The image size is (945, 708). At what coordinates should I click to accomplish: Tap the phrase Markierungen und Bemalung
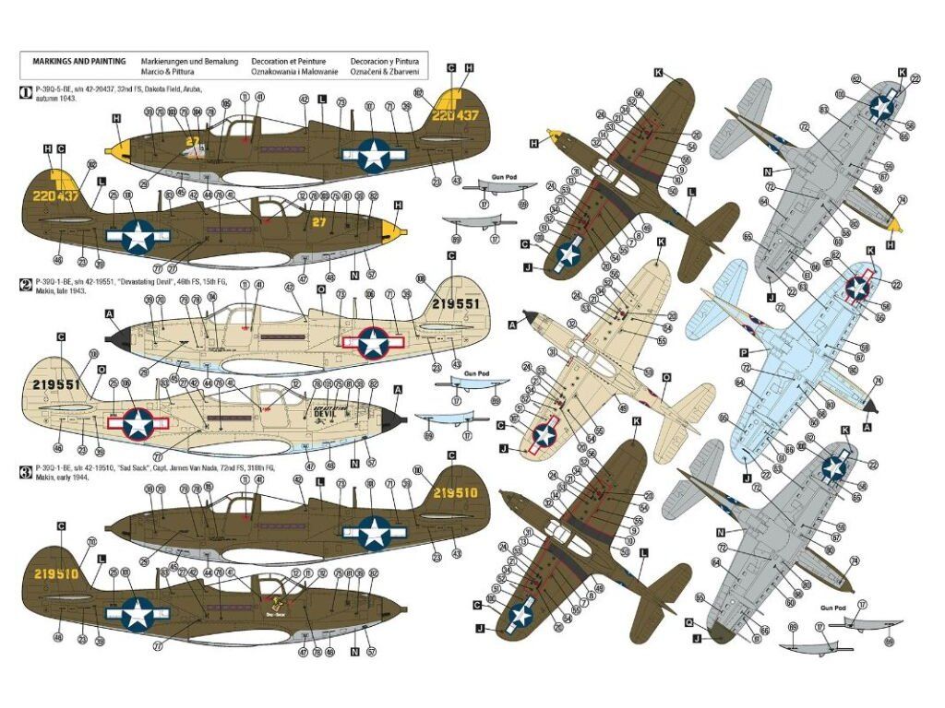[189, 61]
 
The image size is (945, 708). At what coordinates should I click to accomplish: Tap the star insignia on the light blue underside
[858, 288]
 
